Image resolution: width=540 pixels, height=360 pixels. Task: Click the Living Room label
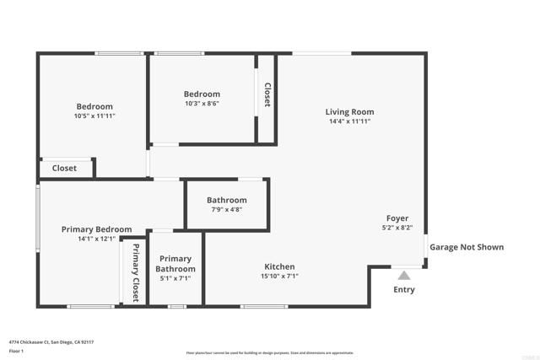pyautogui.click(x=349, y=112)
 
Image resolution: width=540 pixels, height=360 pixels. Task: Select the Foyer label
pyautogui.click(x=397, y=218)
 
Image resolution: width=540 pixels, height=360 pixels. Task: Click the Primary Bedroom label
pyautogui.click(x=96, y=229)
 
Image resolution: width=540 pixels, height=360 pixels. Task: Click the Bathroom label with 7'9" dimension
pyautogui.click(x=227, y=200)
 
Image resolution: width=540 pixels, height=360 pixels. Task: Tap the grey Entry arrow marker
pyautogui.click(x=404, y=274)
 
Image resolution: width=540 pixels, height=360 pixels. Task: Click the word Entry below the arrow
pyautogui.click(x=404, y=290)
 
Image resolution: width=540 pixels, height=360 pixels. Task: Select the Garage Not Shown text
pyautogui.click(x=467, y=247)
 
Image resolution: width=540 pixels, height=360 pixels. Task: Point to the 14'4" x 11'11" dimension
pyautogui.click(x=349, y=121)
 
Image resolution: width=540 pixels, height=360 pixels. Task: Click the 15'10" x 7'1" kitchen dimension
pyautogui.click(x=279, y=276)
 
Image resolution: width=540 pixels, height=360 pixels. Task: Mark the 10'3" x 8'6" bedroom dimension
pyautogui.click(x=202, y=104)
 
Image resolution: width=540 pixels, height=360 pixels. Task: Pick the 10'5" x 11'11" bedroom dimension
pyautogui.click(x=94, y=116)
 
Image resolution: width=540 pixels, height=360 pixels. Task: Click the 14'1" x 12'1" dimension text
pyautogui.click(x=96, y=239)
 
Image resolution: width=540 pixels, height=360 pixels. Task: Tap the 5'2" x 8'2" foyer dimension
pyautogui.click(x=397, y=228)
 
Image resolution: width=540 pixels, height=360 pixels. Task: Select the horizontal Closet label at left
pyautogui.click(x=64, y=168)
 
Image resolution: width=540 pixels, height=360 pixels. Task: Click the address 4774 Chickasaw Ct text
pyautogui.click(x=51, y=342)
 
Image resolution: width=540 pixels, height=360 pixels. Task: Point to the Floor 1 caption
pyautogui.click(x=16, y=351)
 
